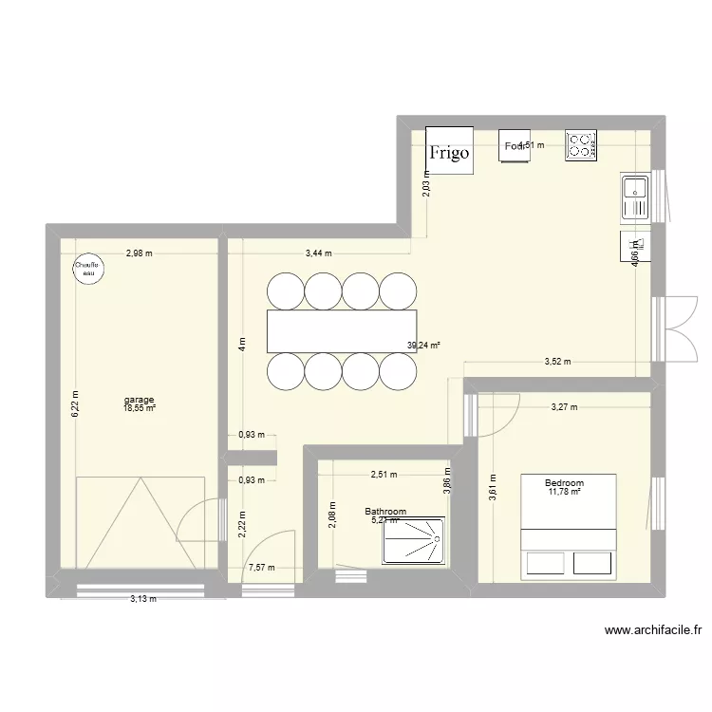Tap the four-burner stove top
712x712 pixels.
tap(581, 145)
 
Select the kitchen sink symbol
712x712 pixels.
tap(634, 198)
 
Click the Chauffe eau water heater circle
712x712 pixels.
tap(88, 269)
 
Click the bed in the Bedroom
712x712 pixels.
tap(569, 524)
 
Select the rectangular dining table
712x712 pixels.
tap(342, 329)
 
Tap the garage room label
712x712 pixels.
tap(139, 400)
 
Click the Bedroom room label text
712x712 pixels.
tap(564, 482)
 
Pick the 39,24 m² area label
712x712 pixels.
tap(423, 347)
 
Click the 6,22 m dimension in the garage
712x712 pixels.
tap(75, 406)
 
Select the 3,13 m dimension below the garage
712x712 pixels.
tap(144, 599)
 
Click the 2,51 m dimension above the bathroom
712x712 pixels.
tap(384, 475)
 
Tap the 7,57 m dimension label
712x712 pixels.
tap(261, 569)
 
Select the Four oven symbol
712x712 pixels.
tap(515, 145)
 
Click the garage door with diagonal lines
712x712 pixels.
tap(141, 522)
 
